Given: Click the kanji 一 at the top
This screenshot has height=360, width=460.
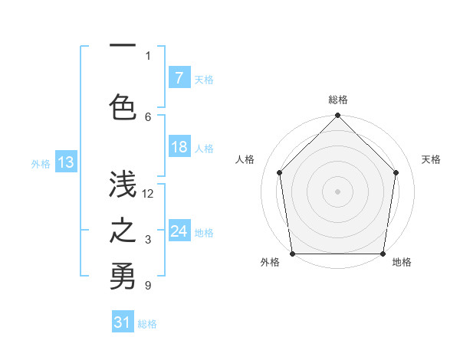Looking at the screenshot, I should coord(122,47).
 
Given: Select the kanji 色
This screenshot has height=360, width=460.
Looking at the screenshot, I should coord(122,106).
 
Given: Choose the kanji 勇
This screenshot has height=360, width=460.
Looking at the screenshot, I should coord(122,277).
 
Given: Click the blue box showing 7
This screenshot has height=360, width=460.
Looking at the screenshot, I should coord(179,77).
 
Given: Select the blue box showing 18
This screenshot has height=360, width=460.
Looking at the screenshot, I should coord(179,147).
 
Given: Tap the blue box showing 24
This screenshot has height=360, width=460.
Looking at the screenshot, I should coord(179,232).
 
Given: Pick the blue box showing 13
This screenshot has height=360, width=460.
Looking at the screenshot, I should coord(65,162).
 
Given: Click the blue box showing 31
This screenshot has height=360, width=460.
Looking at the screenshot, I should coord(123,322).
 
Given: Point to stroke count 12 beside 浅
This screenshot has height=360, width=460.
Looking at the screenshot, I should coord(149,194).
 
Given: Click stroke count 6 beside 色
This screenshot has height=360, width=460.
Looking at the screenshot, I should coord(149,116).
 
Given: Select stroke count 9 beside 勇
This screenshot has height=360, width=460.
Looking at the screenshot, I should coord(149,286).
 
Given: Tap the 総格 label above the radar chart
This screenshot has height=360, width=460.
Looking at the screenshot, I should coord(338,100).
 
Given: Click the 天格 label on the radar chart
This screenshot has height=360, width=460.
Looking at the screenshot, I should coord(431,159).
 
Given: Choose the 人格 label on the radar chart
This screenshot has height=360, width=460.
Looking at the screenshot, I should coord(245,159).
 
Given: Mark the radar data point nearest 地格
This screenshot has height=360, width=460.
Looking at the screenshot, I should coord(383,254).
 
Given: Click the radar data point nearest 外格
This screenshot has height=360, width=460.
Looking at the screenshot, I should coord(292,254).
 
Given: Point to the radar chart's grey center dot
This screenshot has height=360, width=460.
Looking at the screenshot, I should coord(338,191).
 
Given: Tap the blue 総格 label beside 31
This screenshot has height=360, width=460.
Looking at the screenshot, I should coord(147,324).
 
